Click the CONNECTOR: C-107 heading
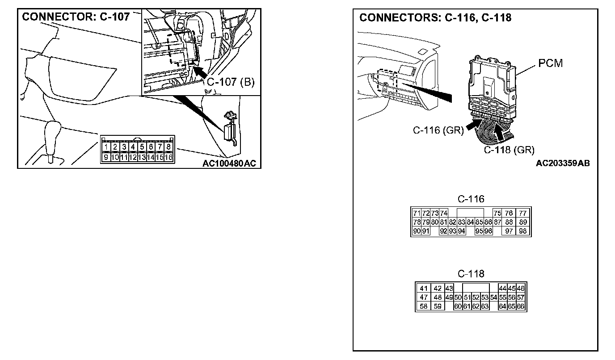[76, 17]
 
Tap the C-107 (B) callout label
[230, 82]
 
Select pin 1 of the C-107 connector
[106, 147]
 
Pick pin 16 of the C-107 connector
[168, 157]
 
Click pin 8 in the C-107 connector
[168, 147]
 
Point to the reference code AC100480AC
[229, 163]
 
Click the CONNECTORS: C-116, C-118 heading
[435, 18]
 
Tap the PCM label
[550, 63]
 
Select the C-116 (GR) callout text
[438, 130]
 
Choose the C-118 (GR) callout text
[509, 150]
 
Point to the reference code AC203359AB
[563, 163]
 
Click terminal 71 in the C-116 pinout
[417, 213]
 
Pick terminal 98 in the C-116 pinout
[523, 231]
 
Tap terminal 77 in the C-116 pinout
[523, 213]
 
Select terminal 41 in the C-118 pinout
[424, 289]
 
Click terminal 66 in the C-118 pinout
[520, 306]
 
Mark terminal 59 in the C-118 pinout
[438, 306]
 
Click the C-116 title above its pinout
[471, 199]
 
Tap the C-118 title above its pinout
[471, 274]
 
